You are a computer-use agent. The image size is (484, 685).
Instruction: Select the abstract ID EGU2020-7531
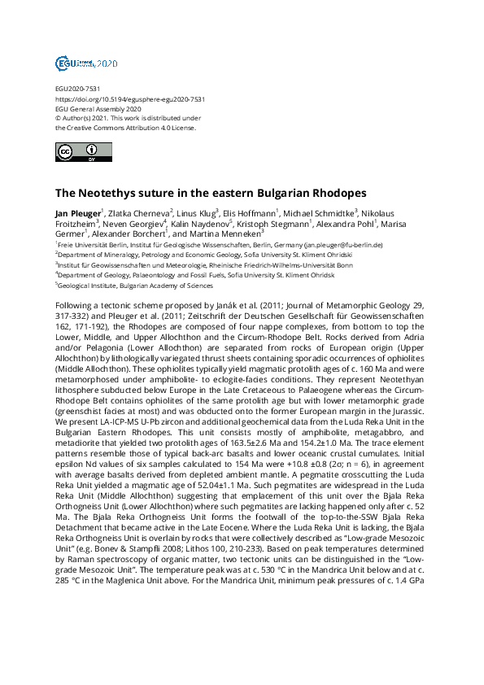[77, 89]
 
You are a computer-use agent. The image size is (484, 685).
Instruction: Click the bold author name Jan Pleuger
[77, 212]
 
